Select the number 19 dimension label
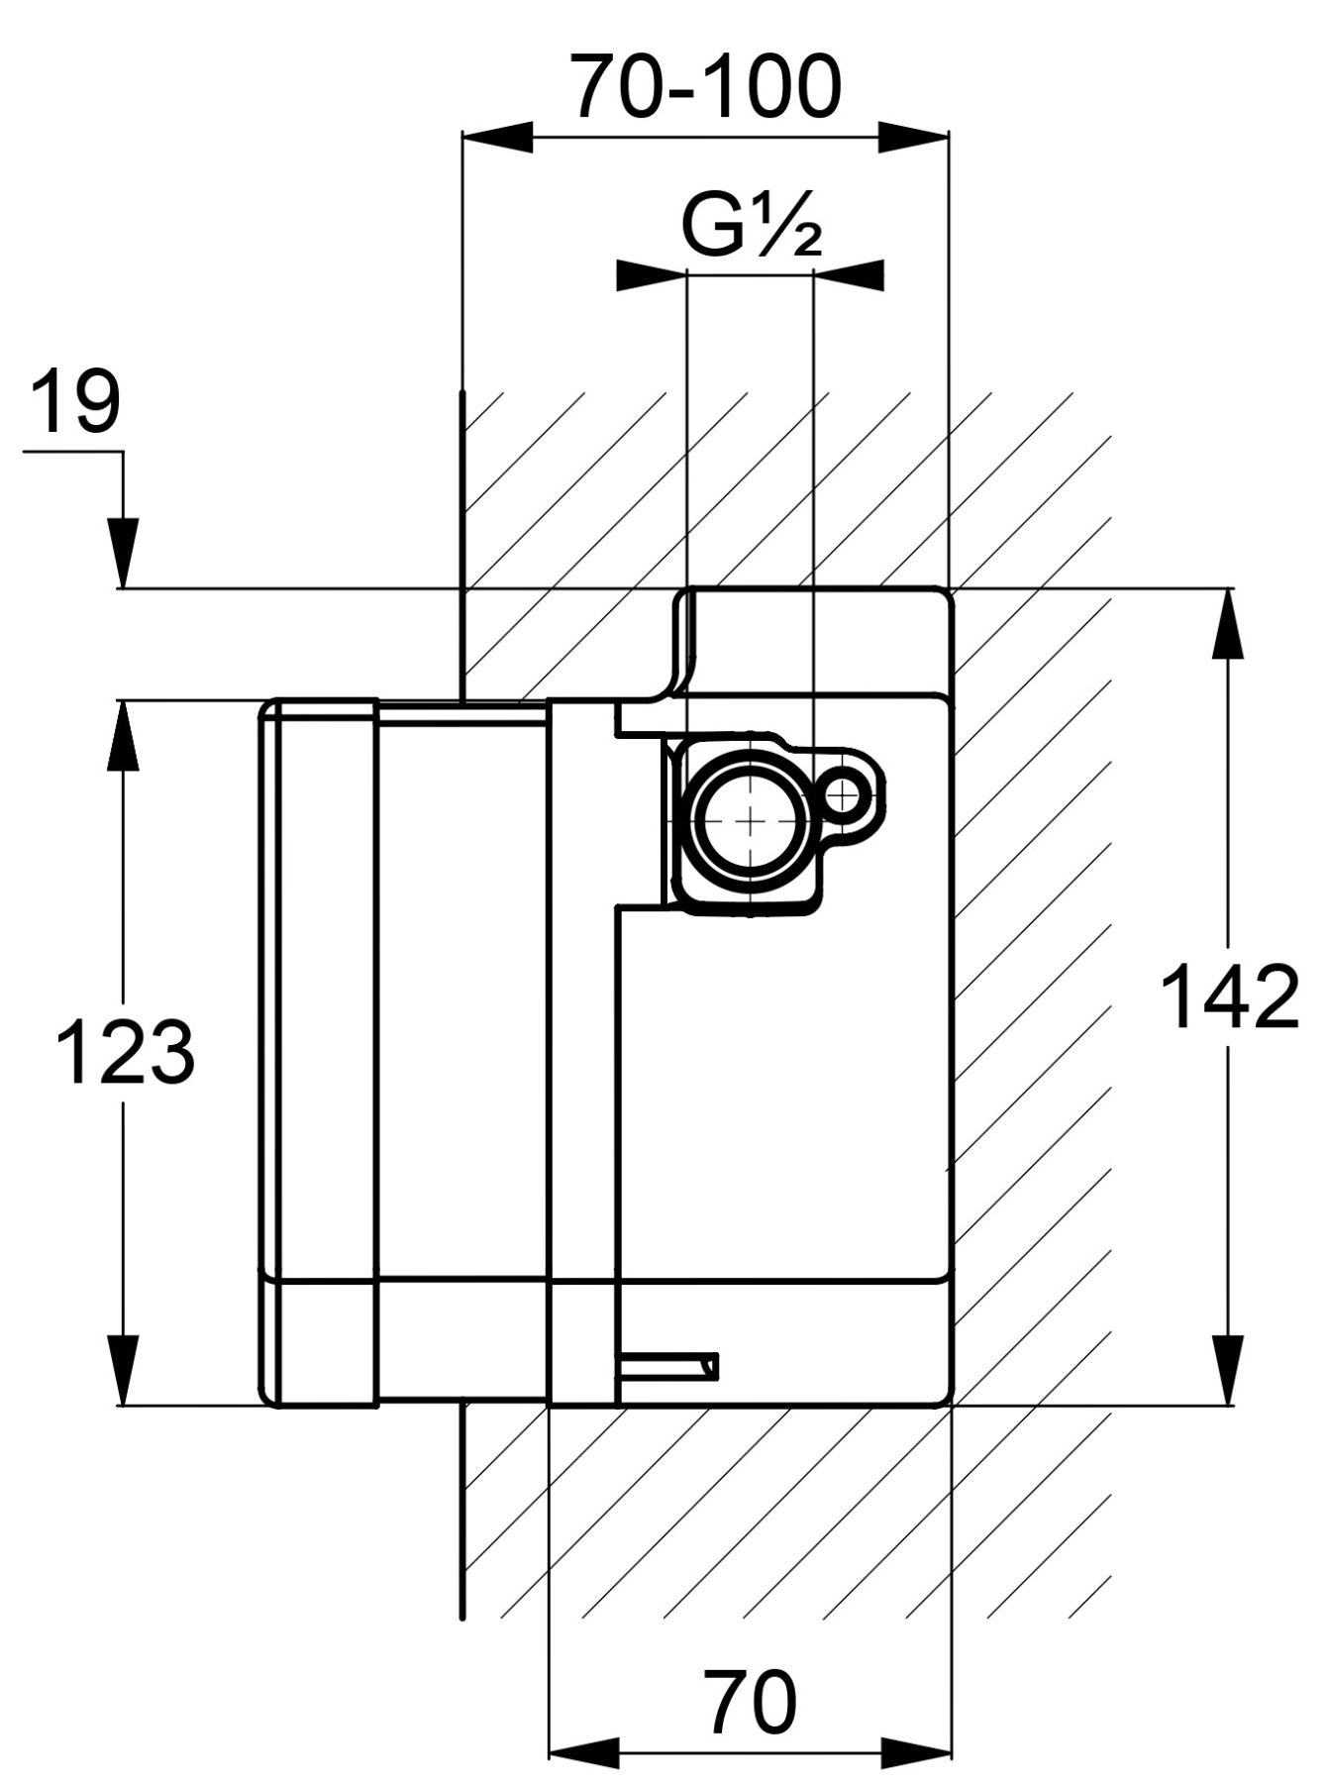click(75, 401)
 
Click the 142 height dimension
click(1229, 996)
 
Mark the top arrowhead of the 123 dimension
click(124, 734)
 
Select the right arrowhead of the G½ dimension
click(849, 275)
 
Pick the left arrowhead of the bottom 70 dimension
click(583, 1753)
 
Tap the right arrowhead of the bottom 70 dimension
click(916, 1753)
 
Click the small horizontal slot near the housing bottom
click(667, 1367)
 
